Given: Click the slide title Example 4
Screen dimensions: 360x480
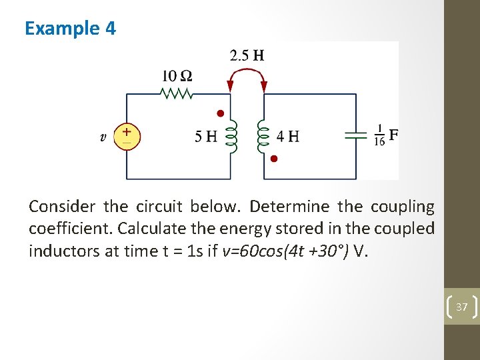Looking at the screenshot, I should pyautogui.click(x=70, y=29).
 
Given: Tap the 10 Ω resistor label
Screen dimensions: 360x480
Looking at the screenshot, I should pyautogui.click(x=177, y=76).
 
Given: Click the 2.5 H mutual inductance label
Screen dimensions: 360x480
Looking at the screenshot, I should pyautogui.click(x=247, y=55).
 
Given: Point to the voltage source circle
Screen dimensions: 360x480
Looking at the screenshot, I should pyautogui.click(x=127, y=135).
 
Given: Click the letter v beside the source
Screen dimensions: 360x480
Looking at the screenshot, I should pyautogui.click(x=103, y=137).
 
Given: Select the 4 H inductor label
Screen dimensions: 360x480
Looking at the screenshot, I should pyautogui.click(x=288, y=137).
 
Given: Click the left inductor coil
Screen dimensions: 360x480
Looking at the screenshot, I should pyautogui.click(x=232, y=137).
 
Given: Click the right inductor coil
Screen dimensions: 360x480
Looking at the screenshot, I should pyautogui.click(x=262, y=137).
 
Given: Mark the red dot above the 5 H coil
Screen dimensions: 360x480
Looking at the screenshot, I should pyautogui.click(x=220, y=114).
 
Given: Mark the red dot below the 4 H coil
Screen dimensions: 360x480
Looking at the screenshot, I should pyautogui.click(x=273, y=159).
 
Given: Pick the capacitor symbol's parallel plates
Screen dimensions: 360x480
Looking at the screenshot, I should pyautogui.click(x=356, y=135).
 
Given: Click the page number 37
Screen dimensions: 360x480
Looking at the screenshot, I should pyautogui.click(x=461, y=307).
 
